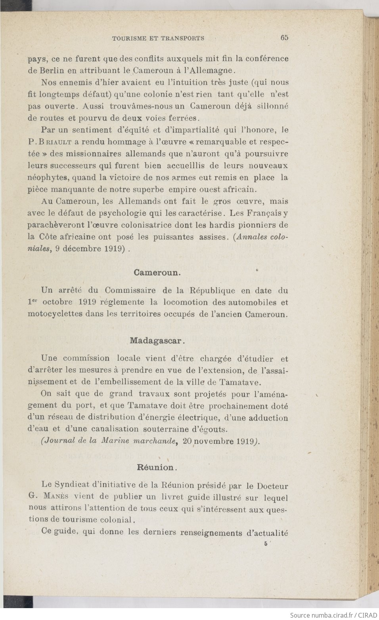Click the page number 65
pyautogui.click(x=284, y=38)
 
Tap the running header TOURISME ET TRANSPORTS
pyautogui.click(x=158, y=38)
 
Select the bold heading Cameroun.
pyautogui.click(x=157, y=272)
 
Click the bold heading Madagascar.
pyautogui.click(x=157, y=340)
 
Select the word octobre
pyautogui.click(x=57, y=302)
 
